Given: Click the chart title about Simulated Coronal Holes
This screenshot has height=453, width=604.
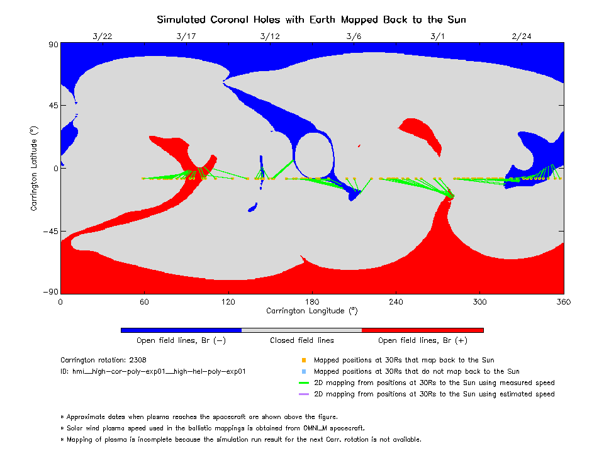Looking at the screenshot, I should tap(311, 20).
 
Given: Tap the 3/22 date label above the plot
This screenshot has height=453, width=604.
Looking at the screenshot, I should tap(102, 36).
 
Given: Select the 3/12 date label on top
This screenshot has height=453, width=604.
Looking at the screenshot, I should tap(270, 36).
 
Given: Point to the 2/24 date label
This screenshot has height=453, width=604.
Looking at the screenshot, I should tap(522, 36).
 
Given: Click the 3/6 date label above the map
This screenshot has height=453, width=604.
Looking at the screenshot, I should tap(354, 36).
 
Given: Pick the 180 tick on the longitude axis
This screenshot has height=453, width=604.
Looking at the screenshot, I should tap(312, 302).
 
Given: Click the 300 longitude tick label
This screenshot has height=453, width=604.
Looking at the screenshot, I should tap(480, 302).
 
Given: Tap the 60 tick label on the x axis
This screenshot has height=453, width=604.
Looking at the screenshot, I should tap(144, 302).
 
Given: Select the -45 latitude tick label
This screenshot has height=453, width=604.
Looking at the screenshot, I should tap(48, 232).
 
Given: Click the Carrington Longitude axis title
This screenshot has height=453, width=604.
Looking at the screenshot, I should tap(312, 311).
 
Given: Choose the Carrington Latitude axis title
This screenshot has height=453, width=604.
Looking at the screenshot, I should tap(34, 168).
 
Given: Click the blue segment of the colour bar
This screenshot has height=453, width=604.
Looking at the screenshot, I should tap(181, 330).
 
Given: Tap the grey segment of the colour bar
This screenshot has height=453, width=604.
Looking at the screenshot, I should tap(302, 330).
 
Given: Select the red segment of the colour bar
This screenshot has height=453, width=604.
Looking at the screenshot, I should tap(423, 330).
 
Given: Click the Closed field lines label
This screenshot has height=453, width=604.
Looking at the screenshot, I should tap(302, 341).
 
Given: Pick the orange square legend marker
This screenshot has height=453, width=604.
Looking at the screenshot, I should tap(303, 361).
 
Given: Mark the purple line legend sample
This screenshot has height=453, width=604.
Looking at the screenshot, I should tap(303, 394).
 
